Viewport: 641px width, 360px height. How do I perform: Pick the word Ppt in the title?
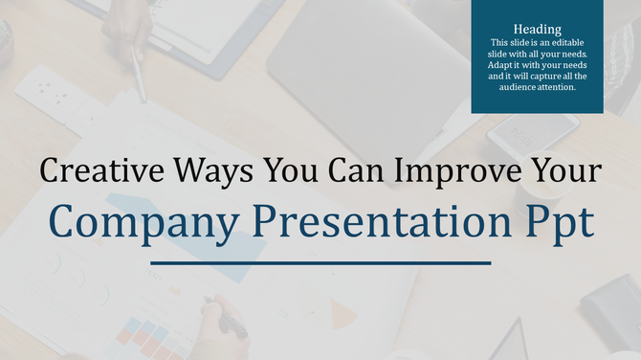(x=559, y=222)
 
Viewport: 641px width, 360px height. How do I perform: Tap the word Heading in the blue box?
(x=537, y=30)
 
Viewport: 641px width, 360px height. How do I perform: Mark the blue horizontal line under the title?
(x=320, y=262)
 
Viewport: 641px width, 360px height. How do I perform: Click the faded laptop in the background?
(x=364, y=67)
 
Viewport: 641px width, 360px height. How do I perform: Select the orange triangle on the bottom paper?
(x=343, y=311)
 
